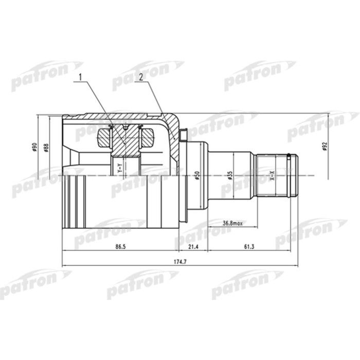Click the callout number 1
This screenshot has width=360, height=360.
tap(79, 78)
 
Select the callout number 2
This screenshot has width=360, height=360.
tap(139, 78)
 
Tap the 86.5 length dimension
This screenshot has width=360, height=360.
tap(120, 247)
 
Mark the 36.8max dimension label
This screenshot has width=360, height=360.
tap(233, 223)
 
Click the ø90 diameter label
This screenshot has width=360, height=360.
tap(34, 148)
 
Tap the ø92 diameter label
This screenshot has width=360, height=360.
tap(325, 148)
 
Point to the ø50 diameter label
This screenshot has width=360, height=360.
tap(197, 175)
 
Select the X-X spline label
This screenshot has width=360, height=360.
tap(272, 175)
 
